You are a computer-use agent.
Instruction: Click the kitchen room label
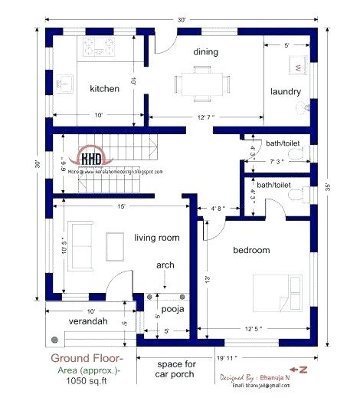tap(104, 89)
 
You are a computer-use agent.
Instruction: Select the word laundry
tap(285, 92)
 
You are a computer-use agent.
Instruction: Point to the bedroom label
tap(251, 251)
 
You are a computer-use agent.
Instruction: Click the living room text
tap(157, 238)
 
